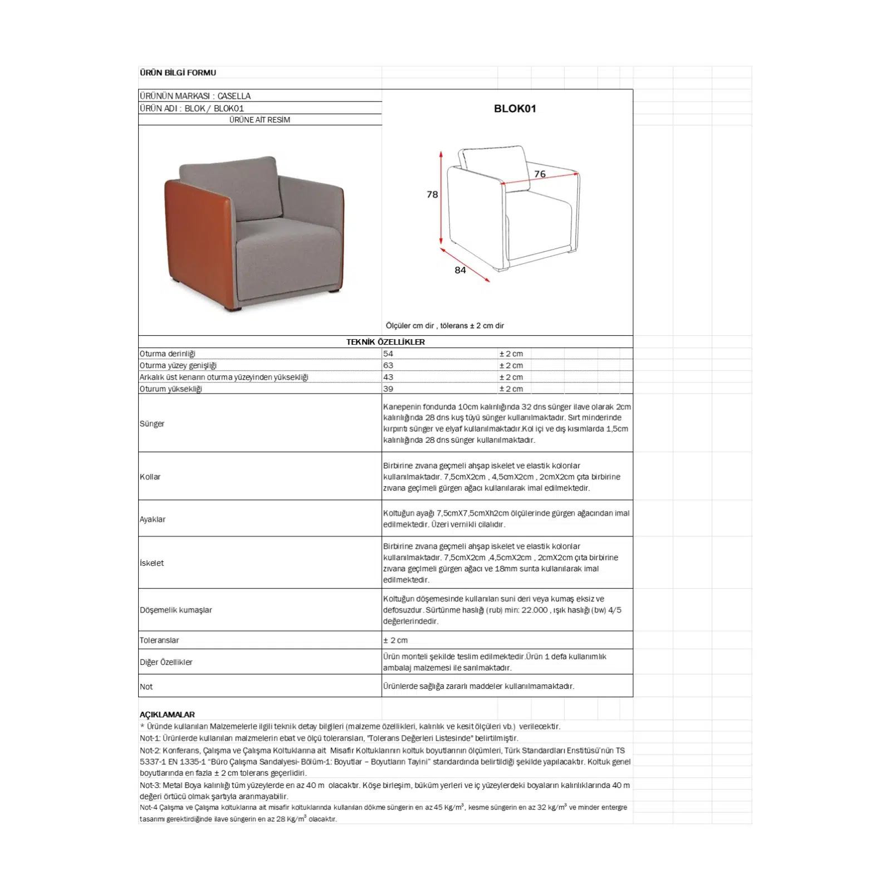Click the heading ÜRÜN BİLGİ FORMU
click(178, 72)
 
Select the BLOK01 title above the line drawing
click(515, 109)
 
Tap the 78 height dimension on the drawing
click(432, 194)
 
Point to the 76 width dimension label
click(540, 174)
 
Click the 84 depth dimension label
click(460, 270)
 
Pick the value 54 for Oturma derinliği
click(388, 354)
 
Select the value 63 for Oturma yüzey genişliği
click(388, 365)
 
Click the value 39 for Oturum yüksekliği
click(388, 389)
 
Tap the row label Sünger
click(152, 424)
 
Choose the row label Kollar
click(150, 477)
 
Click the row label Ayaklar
click(153, 519)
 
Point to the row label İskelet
click(152, 563)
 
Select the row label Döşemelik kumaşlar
click(176, 610)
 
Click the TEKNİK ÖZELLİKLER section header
click(385, 342)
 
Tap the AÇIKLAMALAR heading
click(167, 714)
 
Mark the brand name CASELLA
click(234, 96)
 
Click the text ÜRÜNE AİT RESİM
click(260, 120)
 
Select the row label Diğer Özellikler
click(166, 662)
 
